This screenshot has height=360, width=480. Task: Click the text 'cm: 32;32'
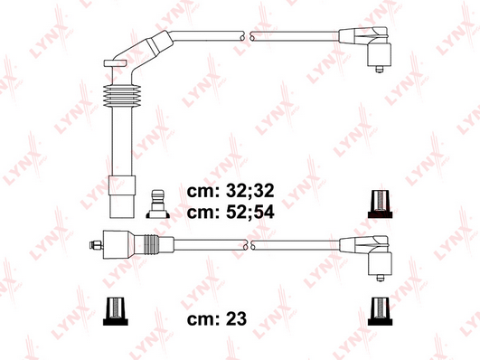click(x=231, y=191)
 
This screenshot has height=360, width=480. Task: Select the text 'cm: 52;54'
click(x=231, y=212)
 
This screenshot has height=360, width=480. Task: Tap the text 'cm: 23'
click(x=217, y=319)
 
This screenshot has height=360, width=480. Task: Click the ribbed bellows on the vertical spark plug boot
click(x=122, y=95)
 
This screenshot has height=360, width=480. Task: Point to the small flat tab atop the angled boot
click(x=115, y=63)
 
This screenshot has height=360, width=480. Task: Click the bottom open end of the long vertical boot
click(x=122, y=207)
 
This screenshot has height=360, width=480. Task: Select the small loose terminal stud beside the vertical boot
click(x=158, y=204)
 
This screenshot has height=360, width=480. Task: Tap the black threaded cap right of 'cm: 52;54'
click(x=380, y=204)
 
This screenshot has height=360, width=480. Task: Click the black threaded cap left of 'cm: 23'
click(x=116, y=311)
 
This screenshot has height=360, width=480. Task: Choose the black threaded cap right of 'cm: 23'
click(x=380, y=311)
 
